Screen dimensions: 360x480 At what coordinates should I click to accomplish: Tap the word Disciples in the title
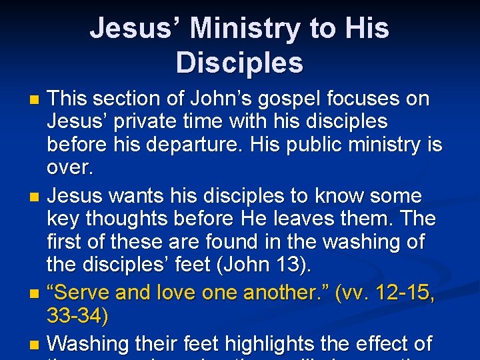coord(239,63)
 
